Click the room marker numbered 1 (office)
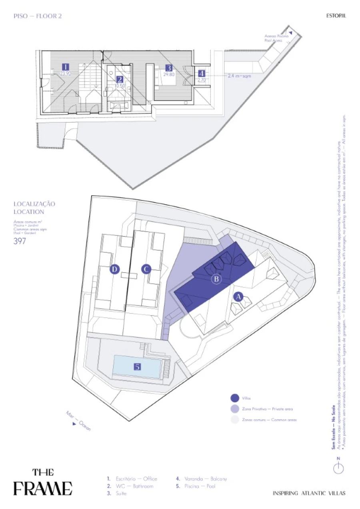(x=66, y=67)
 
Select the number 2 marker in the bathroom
(x=120, y=79)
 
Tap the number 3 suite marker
(x=168, y=68)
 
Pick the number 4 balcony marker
(x=201, y=74)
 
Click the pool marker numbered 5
(x=137, y=367)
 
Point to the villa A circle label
(x=238, y=297)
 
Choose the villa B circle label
(x=216, y=279)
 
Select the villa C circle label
(x=146, y=269)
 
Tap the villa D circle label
(x=115, y=269)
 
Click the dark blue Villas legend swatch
(x=235, y=398)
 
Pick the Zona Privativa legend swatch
(x=235, y=409)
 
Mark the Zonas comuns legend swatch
(x=235, y=420)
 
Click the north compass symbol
(x=339, y=468)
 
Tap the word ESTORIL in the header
(x=336, y=16)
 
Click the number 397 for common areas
(x=20, y=241)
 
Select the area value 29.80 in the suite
(x=169, y=74)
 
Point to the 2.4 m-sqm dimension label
(x=240, y=76)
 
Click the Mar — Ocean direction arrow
(x=74, y=424)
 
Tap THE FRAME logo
(x=43, y=483)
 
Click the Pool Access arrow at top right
(x=291, y=33)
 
